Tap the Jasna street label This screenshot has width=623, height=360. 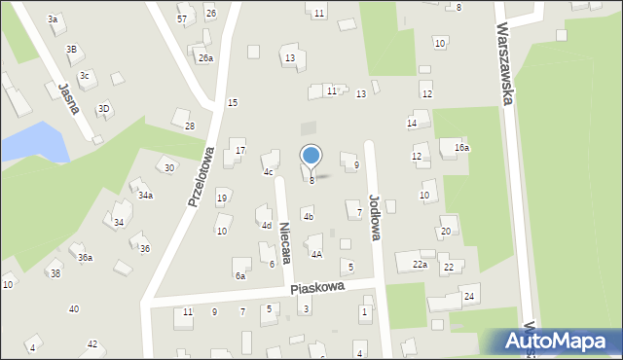coord(67,98)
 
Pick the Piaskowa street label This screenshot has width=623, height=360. coord(317,289)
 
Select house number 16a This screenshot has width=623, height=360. coord(461,148)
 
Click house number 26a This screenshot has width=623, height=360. coord(205,58)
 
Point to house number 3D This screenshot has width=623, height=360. coord(103,108)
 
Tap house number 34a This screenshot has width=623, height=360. coord(145,196)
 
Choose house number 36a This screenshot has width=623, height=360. coord(86,257)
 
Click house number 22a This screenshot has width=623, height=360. coord(420,265)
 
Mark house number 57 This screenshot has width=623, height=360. coord(182,19)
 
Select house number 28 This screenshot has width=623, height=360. coord(190,126)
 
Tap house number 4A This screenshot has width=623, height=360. coord(316,254)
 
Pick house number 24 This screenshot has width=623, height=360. coord(468,296)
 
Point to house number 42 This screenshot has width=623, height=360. coord(92,344)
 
